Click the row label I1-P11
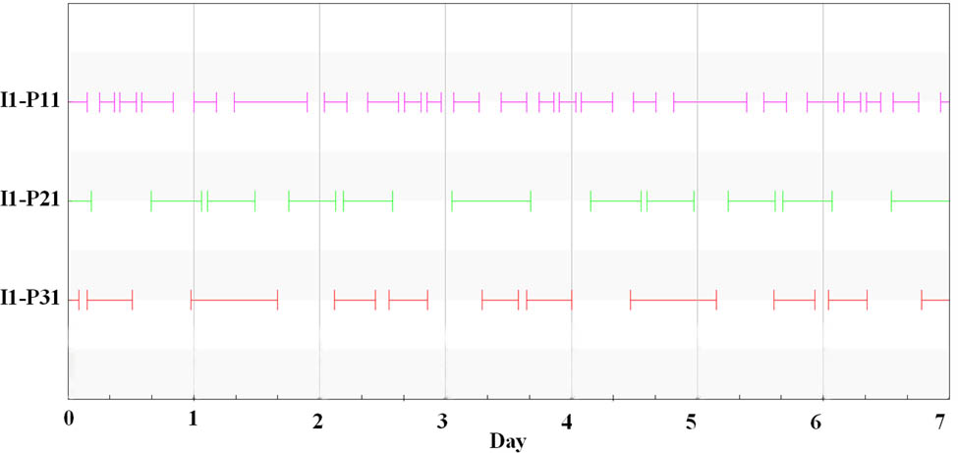click(x=31, y=101)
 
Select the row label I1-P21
click(x=31, y=200)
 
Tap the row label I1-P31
click(x=31, y=299)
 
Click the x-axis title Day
click(x=508, y=441)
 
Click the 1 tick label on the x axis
click(x=194, y=421)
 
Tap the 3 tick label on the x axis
click(x=444, y=421)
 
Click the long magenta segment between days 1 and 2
click(x=270, y=101)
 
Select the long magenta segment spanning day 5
click(x=709, y=101)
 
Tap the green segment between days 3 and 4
click(x=491, y=200)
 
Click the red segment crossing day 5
click(x=673, y=299)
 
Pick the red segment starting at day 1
click(x=234, y=299)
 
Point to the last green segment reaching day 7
click(x=920, y=200)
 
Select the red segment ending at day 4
click(x=549, y=299)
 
